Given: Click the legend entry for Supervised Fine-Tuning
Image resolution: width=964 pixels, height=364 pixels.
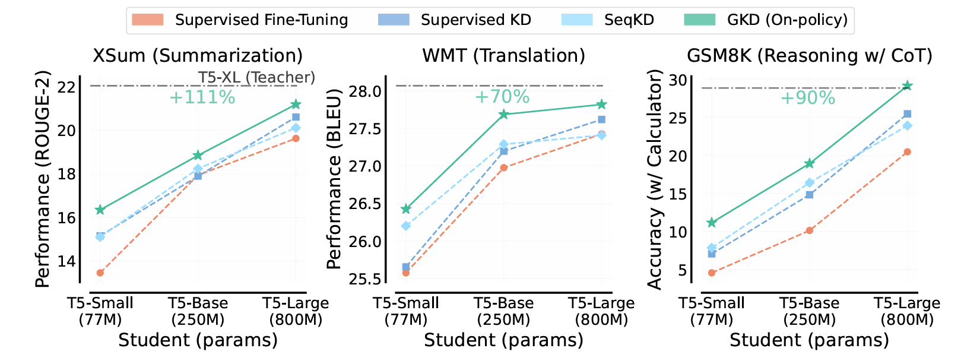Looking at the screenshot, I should point(261,20).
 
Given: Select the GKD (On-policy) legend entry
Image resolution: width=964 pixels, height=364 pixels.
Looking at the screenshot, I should point(787,20).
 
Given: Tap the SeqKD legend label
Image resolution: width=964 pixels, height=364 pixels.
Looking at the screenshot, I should point(629,20).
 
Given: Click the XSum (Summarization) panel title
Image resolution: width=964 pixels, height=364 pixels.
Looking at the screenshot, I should point(198,56).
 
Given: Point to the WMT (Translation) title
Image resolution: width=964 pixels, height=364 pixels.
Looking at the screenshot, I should point(503,56).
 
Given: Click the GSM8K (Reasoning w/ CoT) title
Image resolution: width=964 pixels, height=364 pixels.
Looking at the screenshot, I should point(810,56).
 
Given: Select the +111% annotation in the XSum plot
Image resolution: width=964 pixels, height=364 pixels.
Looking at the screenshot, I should point(202,97).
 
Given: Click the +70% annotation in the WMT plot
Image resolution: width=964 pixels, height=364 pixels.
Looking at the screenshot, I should point(502,96).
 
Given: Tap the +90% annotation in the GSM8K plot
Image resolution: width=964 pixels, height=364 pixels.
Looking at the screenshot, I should point(808,98).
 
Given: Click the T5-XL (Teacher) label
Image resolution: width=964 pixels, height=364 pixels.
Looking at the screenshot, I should point(256,78).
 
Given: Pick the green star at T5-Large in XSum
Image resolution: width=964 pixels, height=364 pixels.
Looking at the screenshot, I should point(296,105).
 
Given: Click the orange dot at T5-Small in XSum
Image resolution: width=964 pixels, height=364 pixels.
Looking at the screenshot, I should point(100,273).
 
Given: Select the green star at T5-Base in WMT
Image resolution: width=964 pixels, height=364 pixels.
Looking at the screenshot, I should point(503,115).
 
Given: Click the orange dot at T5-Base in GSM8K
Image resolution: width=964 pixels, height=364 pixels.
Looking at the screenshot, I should point(809,230).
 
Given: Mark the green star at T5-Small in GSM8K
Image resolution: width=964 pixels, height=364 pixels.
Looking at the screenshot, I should point(712,223).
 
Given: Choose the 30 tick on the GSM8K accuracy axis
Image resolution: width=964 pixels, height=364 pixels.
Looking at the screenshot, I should point(678,80).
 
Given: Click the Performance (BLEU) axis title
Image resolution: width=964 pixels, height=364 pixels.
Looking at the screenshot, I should point(335,179).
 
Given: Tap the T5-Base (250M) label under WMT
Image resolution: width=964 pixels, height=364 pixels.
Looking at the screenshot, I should point(503,311).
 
